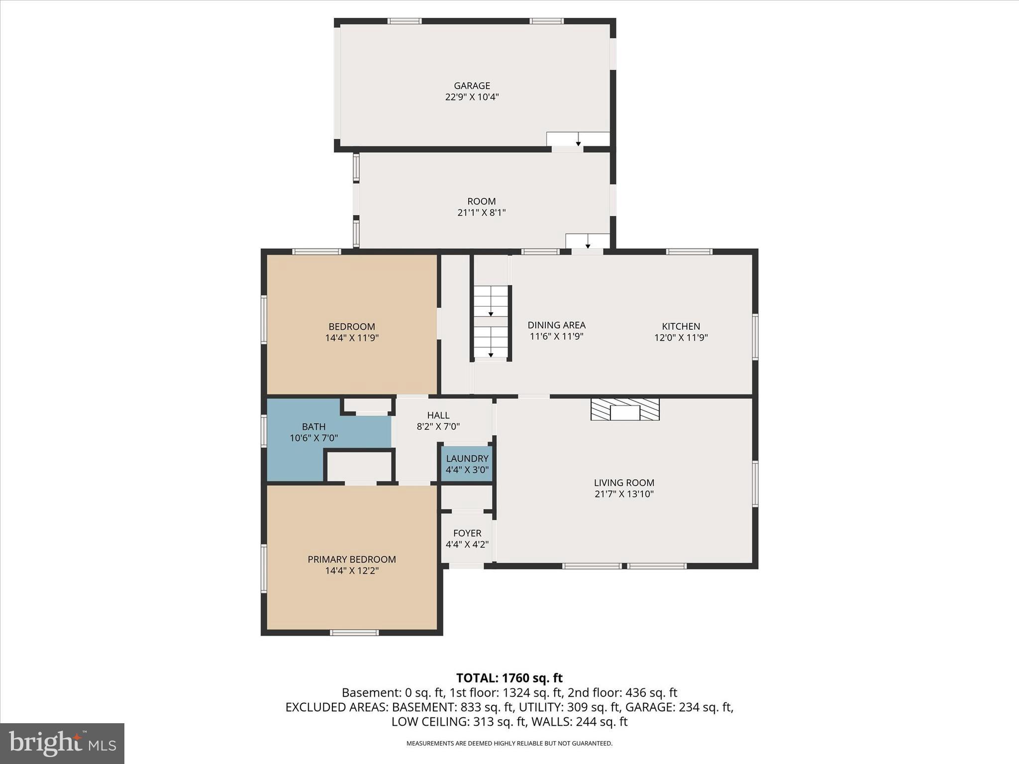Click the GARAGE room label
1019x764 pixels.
(x=472, y=86)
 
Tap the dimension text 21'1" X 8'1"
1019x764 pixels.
(x=481, y=213)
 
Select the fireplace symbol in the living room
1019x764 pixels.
(x=625, y=409)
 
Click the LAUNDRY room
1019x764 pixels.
(x=467, y=464)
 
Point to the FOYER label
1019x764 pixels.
(x=467, y=533)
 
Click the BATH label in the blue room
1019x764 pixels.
(x=313, y=427)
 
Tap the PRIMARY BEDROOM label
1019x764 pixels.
(x=351, y=559)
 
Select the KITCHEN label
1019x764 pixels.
(x=681, y=326)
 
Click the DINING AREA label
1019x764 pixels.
(x=556, y=325)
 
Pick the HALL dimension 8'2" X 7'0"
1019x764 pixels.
(x=438, y=427)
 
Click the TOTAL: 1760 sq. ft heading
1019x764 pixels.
(x=509, y=678)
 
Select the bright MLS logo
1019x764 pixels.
(x=62, y=743)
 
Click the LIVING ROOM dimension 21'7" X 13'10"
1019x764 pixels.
(x=624, y=494)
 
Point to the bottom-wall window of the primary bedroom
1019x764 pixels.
(x=354, y=633)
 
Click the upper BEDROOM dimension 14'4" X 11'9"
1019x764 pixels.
(x=352, y=338)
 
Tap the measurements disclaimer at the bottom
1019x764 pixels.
(x=509, y=744)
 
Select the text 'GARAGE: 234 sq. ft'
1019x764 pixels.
(x=679, y=707)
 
